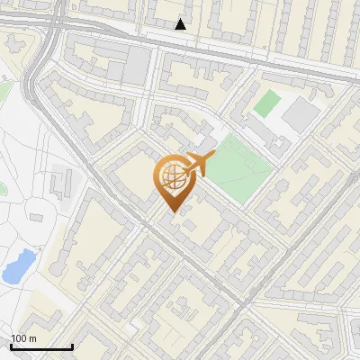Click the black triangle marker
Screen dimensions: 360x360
pyautogui.click(x=181, y=24)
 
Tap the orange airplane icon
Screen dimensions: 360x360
pyautogui.click(x=198, y=166)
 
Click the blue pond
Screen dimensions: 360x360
pyautogui.click(x=17, y=265)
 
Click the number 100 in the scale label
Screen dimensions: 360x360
pyautogui.click(x=19, y=338)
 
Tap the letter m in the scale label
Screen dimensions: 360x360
pyautogui.click(x=32, y=338)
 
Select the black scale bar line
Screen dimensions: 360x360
pyautogui.click(x=41, y=346)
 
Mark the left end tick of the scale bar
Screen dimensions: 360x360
pyautogui.click(x=11, y=345)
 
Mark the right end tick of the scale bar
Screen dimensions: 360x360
pyautogui.click(x=72, y=345)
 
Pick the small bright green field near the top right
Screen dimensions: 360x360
pyautogui.click(x=266, y=103)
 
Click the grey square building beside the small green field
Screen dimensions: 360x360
pyautogui.click(x=300, y=112)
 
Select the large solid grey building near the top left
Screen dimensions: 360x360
pyautogui.click(x=136, y=66)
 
